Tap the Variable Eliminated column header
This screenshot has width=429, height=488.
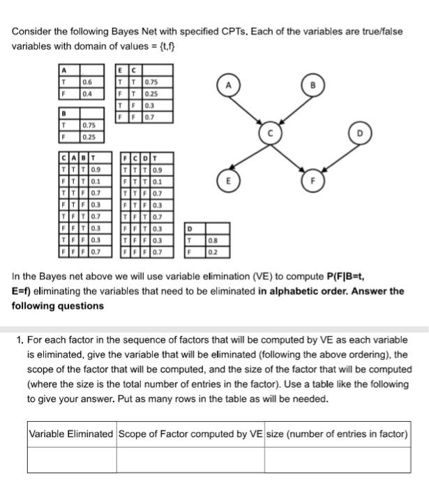(x=70, y=434)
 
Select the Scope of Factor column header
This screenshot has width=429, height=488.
(x=190, y=434)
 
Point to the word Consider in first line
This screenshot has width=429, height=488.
(x=33, y=32)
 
